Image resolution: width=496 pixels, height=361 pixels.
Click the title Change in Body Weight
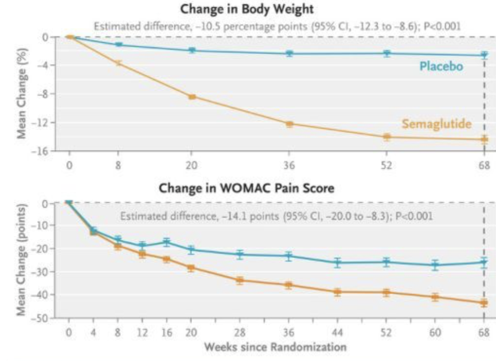click(x=247, y=9)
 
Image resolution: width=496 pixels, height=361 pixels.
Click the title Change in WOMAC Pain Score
click(x=247, y=188)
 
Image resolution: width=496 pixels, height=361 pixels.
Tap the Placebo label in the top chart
click(x=441, y=66)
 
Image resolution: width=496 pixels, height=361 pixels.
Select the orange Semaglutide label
click(x=436, y=124)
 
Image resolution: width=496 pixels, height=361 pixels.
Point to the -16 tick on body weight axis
click(x=43, y=151)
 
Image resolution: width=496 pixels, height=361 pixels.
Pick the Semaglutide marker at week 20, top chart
click(x=192, y=97)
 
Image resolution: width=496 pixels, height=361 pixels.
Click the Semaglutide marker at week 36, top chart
click(x=289, y=124)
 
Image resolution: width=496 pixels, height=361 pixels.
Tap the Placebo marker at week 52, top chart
click(x=387, y=54)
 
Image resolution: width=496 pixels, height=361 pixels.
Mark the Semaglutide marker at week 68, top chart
click(x=484, y=139)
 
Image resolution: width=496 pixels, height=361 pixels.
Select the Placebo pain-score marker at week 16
click(x=167, y=242)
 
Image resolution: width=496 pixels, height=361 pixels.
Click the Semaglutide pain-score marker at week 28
click(x=240, y=280)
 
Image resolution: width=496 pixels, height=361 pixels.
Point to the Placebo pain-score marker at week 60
click(x=435, y=265)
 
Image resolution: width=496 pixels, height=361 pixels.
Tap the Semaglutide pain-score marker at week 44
click(x=337, y=292)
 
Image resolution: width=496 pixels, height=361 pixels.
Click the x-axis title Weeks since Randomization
click(x=275, y=347)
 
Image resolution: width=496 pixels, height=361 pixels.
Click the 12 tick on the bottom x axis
click(x=142, y=332)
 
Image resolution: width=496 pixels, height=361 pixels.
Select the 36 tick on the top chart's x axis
click(x=289, y=166)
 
